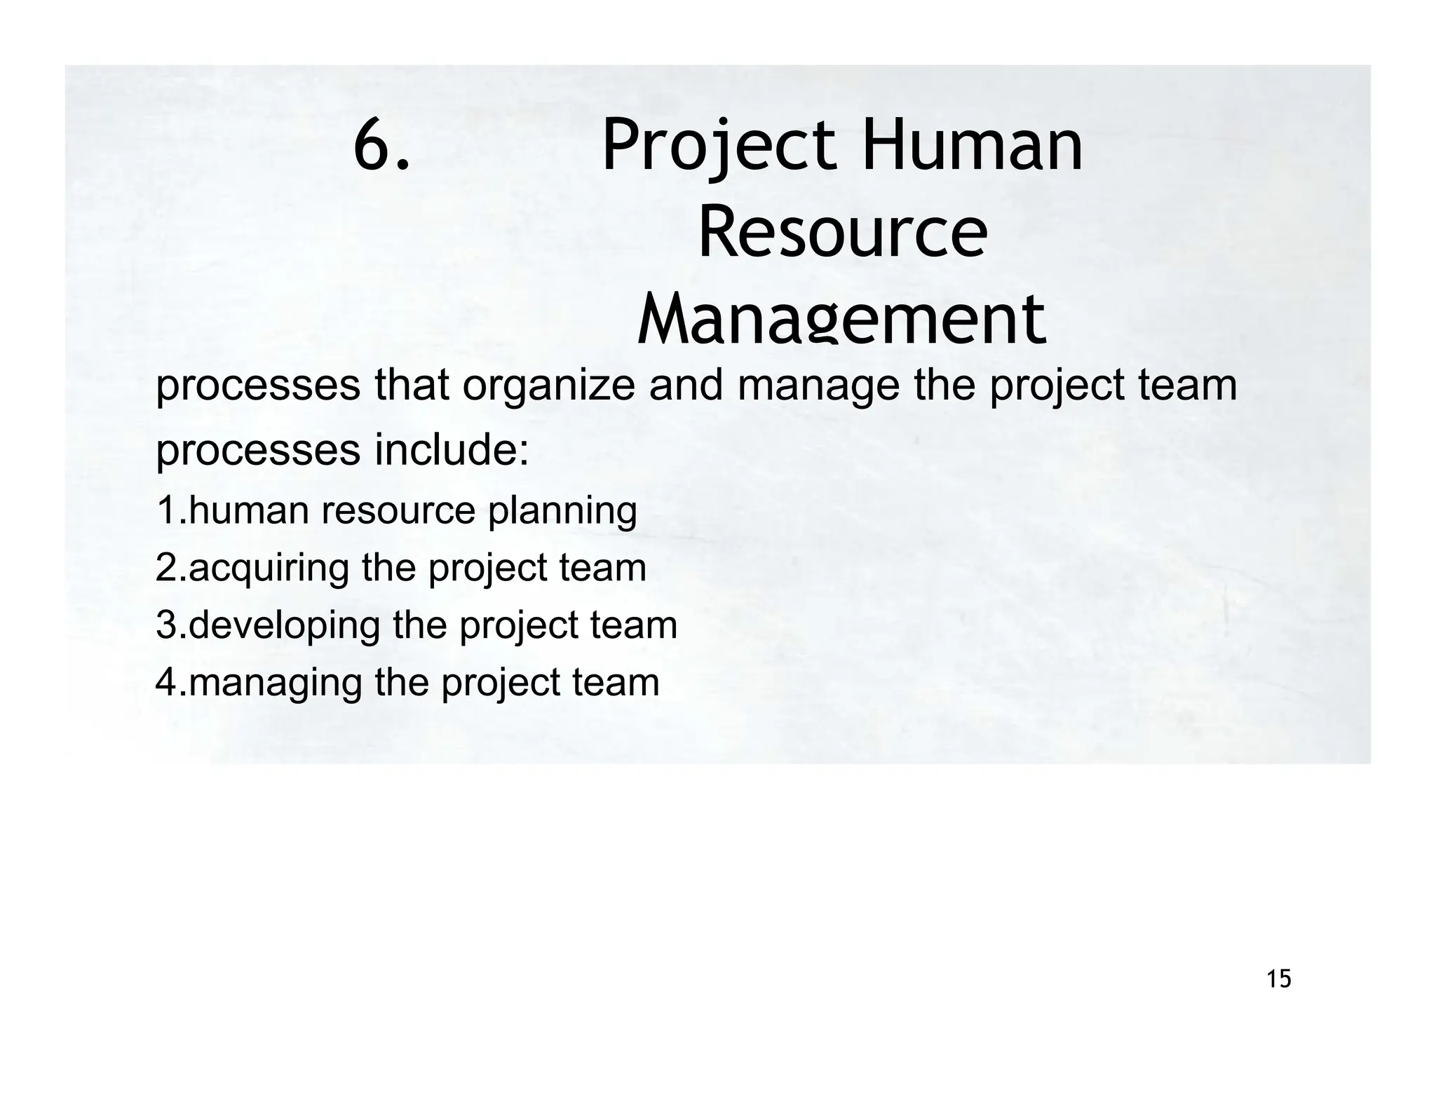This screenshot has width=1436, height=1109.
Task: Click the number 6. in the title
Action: coord(381,146)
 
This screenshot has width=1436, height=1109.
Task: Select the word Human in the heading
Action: coord(973,146)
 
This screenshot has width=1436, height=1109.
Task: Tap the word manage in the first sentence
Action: coord(818,388)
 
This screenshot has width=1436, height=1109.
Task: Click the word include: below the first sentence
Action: coord(452,450)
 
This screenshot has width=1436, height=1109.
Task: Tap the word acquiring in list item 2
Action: coord(269,569)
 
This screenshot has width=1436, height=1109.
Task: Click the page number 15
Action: coord(1279,978)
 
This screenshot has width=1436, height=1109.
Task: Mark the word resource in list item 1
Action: coord(399,510)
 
